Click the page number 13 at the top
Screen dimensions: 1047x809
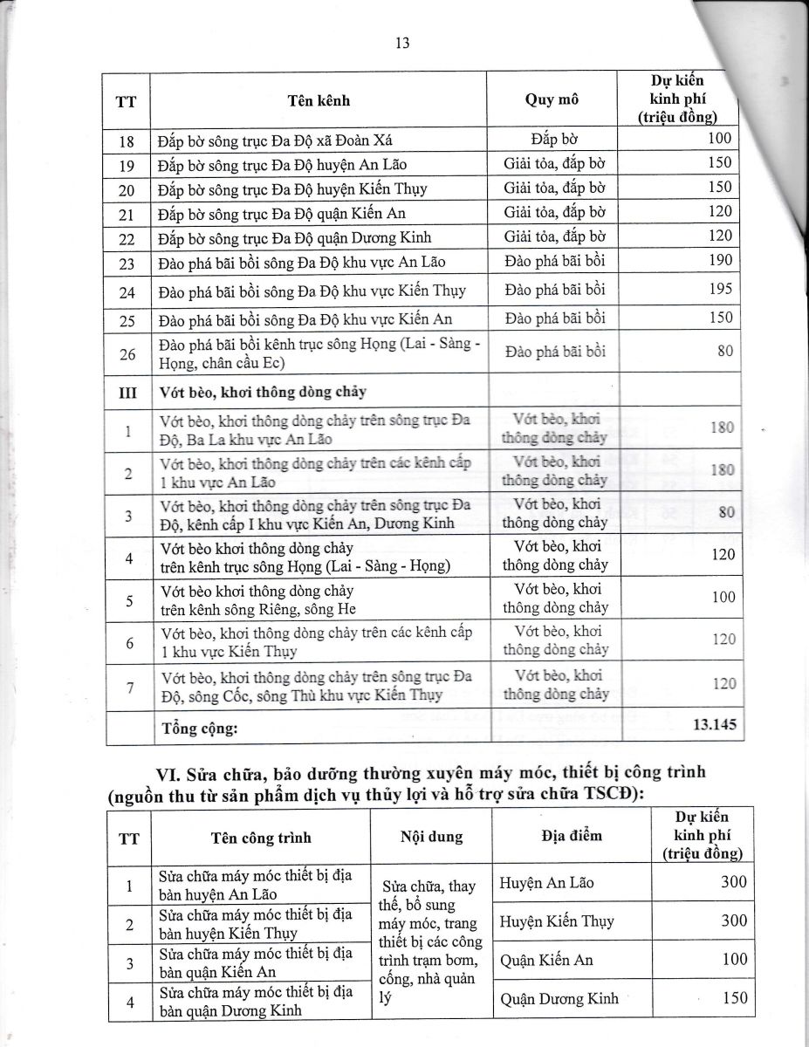click(402, 44)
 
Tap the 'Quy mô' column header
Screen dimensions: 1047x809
click(552, 99)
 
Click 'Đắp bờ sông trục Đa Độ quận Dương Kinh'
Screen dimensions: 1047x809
click(295, 237)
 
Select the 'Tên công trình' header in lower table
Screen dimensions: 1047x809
click(261, 837)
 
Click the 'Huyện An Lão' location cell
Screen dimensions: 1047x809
click(546, 883)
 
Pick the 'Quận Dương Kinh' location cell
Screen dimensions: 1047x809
click(554, 999)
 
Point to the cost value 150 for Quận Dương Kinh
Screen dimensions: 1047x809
click(734, 998)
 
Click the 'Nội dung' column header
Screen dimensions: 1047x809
click(431, 837)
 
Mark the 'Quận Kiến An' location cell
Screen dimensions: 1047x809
click(546, 960)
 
